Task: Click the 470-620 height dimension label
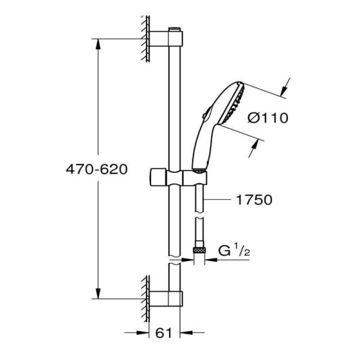tap(97, 169)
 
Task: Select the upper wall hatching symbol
tap(145, 39)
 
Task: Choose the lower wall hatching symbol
tap(145, 297)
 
